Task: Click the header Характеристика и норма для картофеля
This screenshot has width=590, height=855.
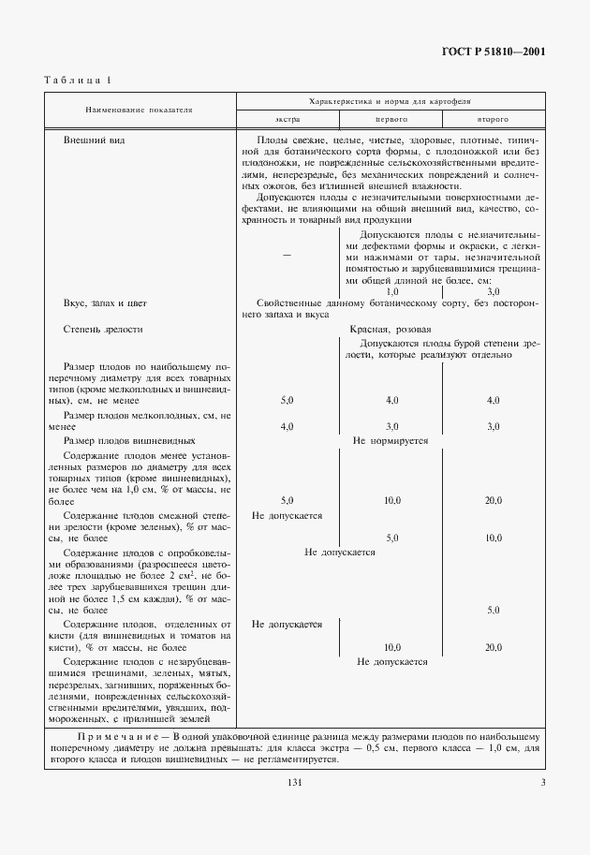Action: click(x=390, y=99)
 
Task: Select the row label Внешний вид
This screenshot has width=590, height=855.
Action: click(x=94, y=140)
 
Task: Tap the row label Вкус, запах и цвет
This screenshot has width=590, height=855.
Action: click(x=105, y=304)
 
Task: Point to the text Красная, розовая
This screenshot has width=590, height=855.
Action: click(x=390, y=330)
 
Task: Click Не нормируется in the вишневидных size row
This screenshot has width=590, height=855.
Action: click(x=390, y=439)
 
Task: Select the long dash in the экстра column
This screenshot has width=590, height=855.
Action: click(x=287, y=255)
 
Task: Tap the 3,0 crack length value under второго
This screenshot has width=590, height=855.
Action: click(x=493, y=292)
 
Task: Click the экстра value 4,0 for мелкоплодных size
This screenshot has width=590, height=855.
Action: click(x=287, y=426)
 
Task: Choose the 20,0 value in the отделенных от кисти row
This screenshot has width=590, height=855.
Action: click(x=493, y=647)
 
